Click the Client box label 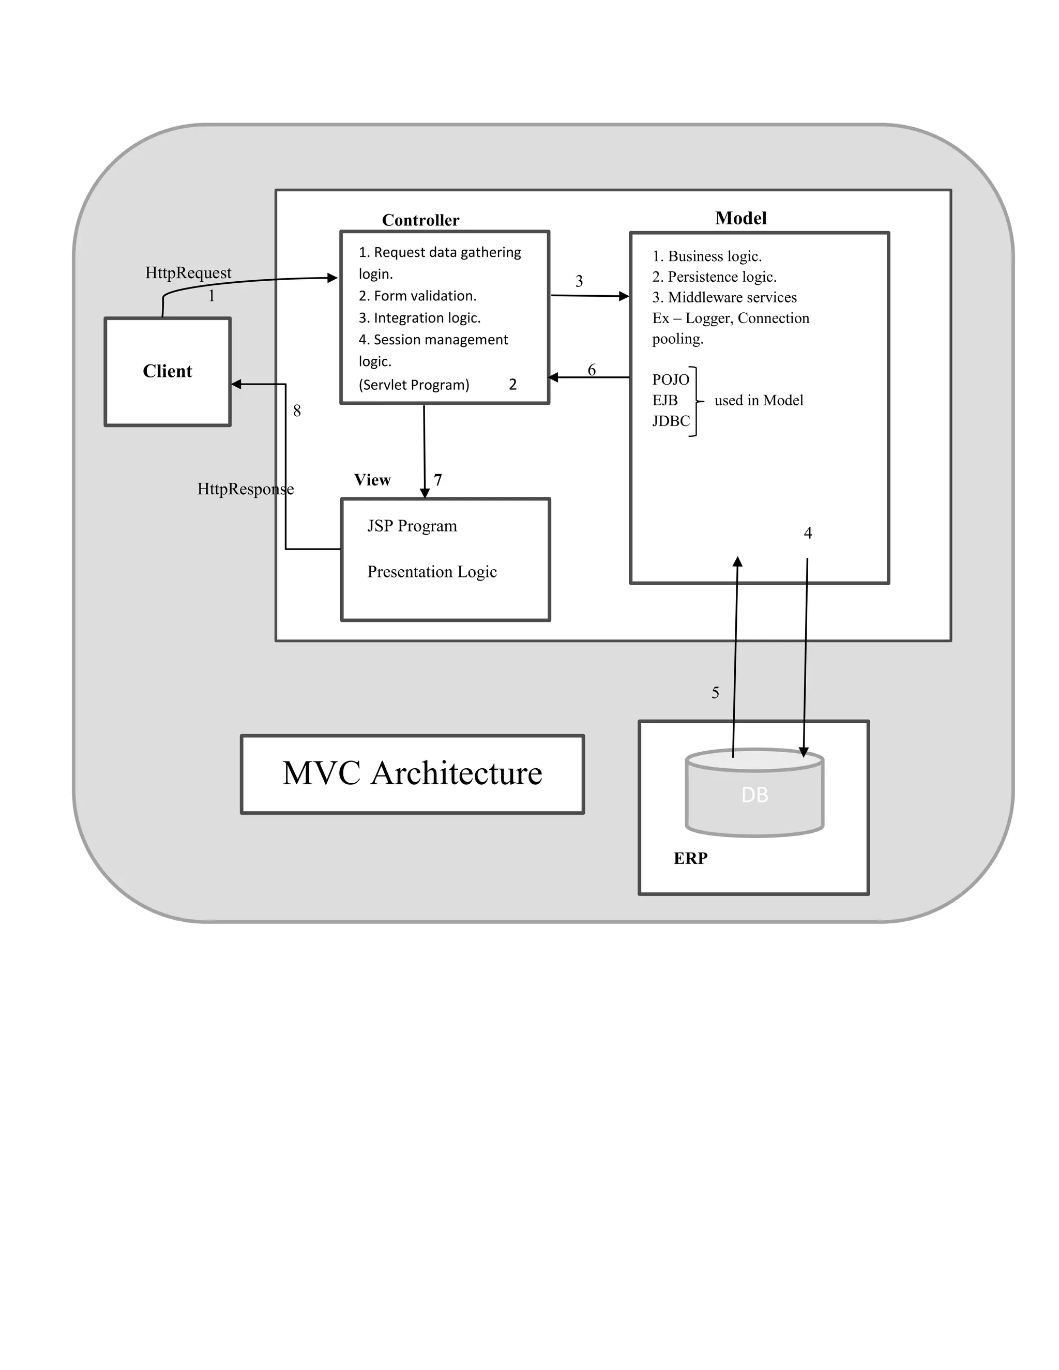tap(167, 371)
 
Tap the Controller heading tap(420, 220)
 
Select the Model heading tap(740, 218)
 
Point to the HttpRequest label tap(188, 273)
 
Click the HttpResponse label tap(245, 489)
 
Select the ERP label tap(690, 858)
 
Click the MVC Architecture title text tap(412, 773)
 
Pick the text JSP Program tap(412, 526)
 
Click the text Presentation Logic tap(432, 571)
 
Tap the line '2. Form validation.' tap(417, 296)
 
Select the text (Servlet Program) tap(414, 385)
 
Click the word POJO tap(670, 379)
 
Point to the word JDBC tap(670, 421)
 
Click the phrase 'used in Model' tap(759, 400)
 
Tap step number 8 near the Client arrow tap(297, 411)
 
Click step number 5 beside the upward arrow tap(715, 693)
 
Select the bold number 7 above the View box tap(438, 480)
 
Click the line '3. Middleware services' tap(724, 297)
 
